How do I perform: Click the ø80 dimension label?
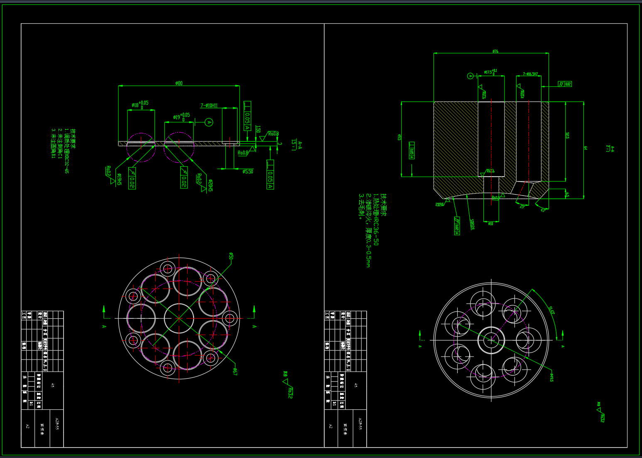pyautogui.click(x=179, y=83)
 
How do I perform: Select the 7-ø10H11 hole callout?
pyautogui.click(x=209, y=106)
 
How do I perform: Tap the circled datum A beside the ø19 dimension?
pyautogui.click(x=209, y=122)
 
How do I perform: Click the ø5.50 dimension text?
pyautogui.click(x=247, y=171)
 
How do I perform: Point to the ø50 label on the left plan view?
pyautogui.click(x=231, y=256)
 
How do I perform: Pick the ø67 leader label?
pyautogui.click(x=235, y=372)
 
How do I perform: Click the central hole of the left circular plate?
pyautogui.click(x=179, y=318)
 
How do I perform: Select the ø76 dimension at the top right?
pyautogui.click(x=495, y=51)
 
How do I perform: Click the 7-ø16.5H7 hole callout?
pyautogui.click(x=530, y=74)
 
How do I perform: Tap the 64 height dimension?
pyautogui.click(x=586, y=148)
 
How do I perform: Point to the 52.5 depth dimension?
pyautogui.click(x=568, y=135)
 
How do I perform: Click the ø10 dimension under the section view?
pyautogui.click(x=491, y=224)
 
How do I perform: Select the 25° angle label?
pyautogui.click(x=522, y=206)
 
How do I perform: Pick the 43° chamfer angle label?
pyautogui.click(x=543, y=210)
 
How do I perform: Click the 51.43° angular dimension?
pyautogui.click(x=551, y=310)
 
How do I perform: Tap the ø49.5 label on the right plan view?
pyautogui.click(x=551, y=377)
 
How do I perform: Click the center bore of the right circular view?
pyautogui.click(x=491, y=340)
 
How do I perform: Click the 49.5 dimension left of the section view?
pyautogui.click(x=399, y=137)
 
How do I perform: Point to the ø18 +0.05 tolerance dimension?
pyautogui.click(x=140, y=104)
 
